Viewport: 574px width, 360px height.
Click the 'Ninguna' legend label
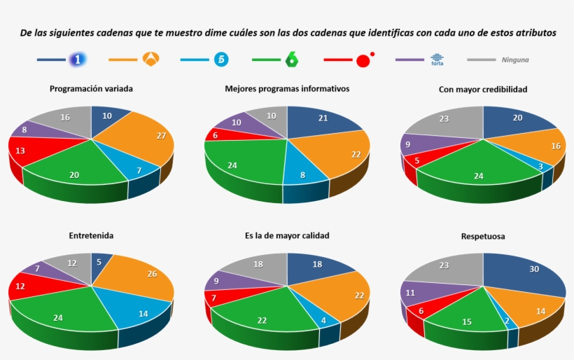[x=515, y=60]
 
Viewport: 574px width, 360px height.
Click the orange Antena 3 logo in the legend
[x=150, y=60]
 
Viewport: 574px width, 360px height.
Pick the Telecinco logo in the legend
[x=221, y=60]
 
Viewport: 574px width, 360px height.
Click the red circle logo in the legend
[x=363, y=60]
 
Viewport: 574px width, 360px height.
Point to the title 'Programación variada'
[x=91, y=89]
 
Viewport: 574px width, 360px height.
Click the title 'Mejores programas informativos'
[x=287, y=89]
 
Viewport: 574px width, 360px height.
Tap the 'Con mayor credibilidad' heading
[x=483, y=89]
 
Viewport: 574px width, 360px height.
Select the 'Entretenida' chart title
[x=91, y=236]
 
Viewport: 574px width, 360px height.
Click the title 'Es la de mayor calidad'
[x=287, y=236]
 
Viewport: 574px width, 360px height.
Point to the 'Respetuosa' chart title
[x=483, y=236]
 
